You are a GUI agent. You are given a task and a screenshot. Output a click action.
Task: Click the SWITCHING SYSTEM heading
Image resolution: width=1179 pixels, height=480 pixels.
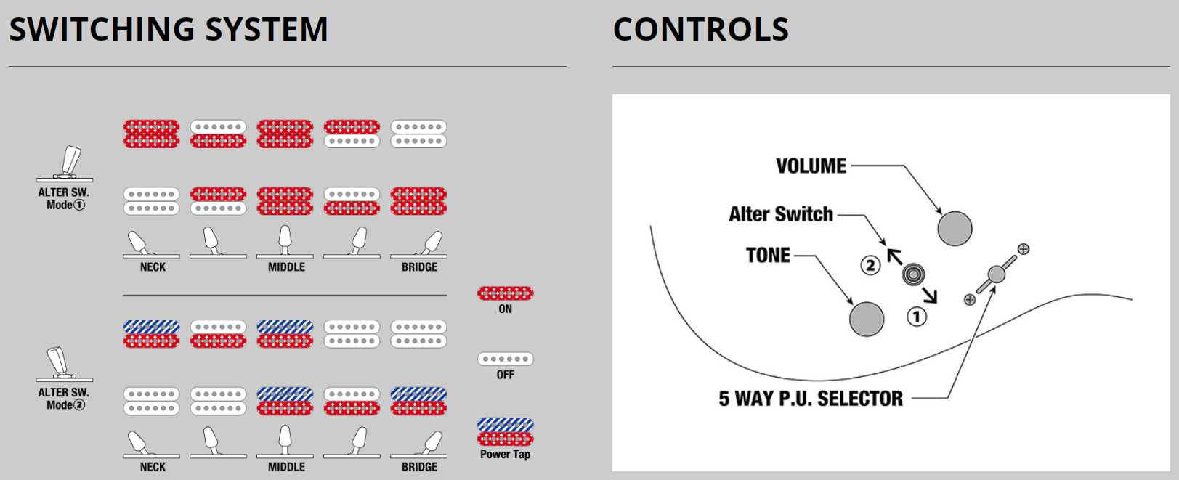click(169, 30)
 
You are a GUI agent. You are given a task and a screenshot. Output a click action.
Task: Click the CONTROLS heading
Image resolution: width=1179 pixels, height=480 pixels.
click(701, 30)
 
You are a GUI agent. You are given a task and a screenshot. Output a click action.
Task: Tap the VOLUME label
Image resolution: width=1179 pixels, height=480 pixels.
click(811, 166)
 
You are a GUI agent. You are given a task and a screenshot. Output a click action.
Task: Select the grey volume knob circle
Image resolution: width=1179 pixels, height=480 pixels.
click(955, 228)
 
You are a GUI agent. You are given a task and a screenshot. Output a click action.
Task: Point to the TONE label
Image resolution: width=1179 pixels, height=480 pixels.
click(768, 256)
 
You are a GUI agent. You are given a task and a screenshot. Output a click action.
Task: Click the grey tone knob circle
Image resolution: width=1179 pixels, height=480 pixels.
click(867, 319)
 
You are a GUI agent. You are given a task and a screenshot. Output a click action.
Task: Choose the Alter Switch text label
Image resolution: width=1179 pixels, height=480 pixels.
click(781, 214)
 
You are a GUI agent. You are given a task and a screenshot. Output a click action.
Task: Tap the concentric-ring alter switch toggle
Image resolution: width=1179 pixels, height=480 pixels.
click(913, 274)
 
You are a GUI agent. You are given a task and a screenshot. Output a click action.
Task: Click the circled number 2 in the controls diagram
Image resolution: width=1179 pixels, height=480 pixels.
click(870, 265)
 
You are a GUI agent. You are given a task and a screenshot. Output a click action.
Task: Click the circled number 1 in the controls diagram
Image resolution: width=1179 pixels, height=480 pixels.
click(917, 317)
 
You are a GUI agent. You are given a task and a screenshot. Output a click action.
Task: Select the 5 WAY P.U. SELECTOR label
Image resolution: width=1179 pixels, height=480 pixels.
click(811, 399)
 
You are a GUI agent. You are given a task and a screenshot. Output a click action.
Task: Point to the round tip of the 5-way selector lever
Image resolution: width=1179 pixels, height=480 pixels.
click(997, 274)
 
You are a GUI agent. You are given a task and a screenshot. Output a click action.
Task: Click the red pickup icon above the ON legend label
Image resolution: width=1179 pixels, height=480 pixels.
click(506, 293)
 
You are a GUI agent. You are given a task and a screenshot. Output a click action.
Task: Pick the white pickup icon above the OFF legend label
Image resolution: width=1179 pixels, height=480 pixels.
click(506, 359)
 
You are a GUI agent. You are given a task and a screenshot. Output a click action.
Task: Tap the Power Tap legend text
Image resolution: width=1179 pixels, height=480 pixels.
click(505, 455)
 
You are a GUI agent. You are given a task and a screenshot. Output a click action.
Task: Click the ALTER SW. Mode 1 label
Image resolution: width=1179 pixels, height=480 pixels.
click(64, 198)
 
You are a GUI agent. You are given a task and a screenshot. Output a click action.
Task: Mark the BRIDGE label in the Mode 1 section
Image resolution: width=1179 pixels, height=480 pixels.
click(419, 267)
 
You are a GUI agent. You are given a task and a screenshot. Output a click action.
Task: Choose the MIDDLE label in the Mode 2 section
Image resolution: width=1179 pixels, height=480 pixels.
click(286, 467)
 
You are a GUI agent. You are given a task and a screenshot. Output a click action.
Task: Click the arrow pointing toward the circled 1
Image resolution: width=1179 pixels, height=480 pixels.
click(928, 293)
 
